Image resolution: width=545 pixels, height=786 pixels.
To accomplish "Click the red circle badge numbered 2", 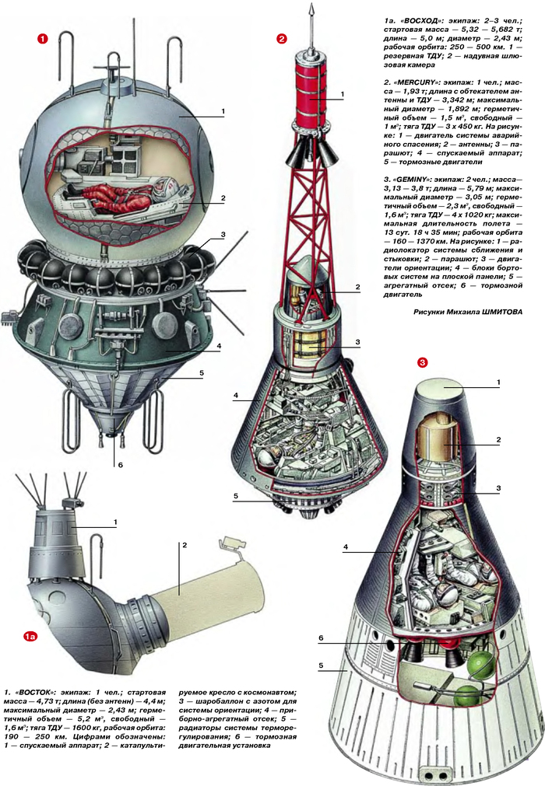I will pos(282,38).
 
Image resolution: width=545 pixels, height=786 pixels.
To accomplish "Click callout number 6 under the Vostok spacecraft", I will pos(121,466).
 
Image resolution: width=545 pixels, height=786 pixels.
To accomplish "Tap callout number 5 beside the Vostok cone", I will pos(202,373).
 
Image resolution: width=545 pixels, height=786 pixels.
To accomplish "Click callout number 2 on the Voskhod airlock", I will pos(184,545).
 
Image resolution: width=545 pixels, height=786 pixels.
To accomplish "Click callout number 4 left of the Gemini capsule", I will pos(344,547).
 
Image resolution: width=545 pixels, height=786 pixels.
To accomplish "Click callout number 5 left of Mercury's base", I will pos(234,495).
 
